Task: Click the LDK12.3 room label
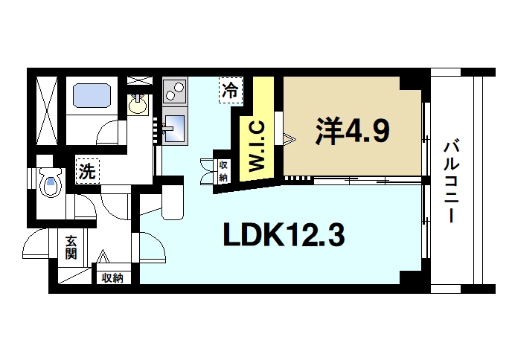284,236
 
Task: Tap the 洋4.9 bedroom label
352,132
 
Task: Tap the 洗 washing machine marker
88,171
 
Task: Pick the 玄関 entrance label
71,247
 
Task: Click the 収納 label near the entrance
112,277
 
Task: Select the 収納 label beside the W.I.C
223,170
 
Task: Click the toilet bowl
51,183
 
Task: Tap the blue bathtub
92,95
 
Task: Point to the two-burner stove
175,92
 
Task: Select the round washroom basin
138,105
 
